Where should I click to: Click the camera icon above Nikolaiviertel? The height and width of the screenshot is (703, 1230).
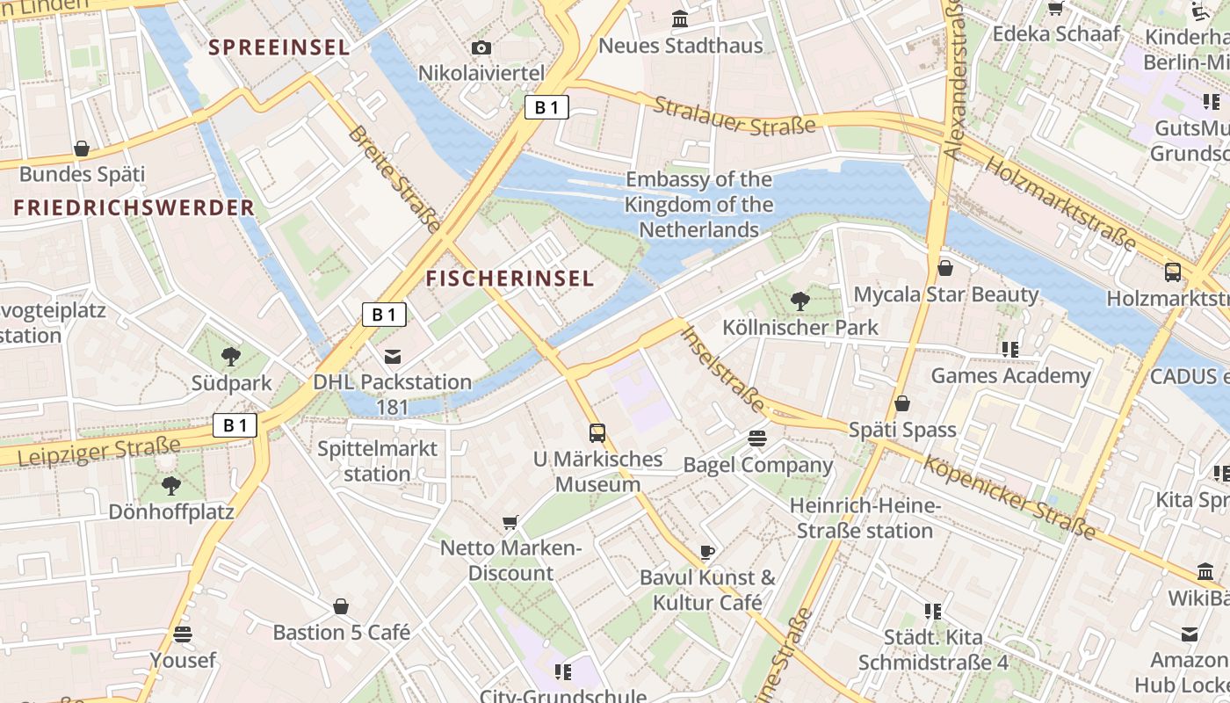481,47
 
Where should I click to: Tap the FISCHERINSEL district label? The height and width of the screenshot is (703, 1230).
510,279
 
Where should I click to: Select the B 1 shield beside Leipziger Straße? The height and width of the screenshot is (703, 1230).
235,425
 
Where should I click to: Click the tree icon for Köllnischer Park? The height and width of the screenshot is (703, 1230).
799,301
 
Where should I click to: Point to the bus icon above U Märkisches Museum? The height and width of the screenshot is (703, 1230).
597,432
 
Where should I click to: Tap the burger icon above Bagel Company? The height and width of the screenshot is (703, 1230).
757,438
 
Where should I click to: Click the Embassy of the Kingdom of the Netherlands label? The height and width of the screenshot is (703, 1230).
699,205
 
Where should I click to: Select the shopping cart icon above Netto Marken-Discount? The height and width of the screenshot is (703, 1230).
510,523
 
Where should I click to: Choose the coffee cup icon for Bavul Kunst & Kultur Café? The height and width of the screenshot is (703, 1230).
707,552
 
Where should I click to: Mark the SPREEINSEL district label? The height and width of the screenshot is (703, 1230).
279,47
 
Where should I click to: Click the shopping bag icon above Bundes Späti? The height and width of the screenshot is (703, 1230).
82,149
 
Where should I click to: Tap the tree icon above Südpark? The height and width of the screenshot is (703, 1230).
231,356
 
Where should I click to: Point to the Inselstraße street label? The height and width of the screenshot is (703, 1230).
723,368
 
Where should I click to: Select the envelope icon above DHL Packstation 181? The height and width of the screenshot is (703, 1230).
393,356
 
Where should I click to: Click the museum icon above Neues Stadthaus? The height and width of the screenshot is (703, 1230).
680,18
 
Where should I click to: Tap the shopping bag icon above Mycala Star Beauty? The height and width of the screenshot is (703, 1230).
945,268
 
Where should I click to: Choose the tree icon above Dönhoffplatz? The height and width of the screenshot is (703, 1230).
171,485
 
